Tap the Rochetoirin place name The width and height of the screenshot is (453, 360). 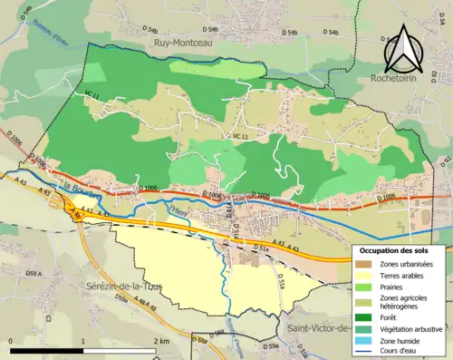click(400, 79)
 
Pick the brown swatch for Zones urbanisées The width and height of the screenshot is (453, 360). click(362, 263)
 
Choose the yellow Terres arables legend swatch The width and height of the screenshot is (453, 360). click(362, 275)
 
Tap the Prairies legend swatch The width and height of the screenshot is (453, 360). click(362, 287)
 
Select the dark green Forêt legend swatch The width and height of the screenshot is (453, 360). click(362, 317)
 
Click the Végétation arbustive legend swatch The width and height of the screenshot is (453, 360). click(362, 329)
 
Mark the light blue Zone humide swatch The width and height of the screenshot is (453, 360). click(362, 341)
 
